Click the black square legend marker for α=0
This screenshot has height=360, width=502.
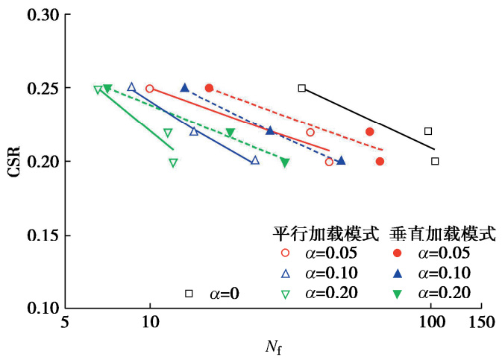pyautogui.click(x=189, y=294)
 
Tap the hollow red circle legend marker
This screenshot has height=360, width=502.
pyautogui.click(x=286, y=254)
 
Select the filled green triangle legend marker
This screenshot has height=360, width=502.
pyautogui.click(x=398, y=294)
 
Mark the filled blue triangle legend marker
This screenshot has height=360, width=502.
pyautogui.click(x=398, y=274)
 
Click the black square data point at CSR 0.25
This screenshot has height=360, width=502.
pyautogui.click(x=302, y=88)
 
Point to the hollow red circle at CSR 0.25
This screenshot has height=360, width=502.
pyautogui.click(x=150, y=88)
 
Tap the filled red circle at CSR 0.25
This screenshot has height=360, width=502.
pyautogui.click(x=209, y=88)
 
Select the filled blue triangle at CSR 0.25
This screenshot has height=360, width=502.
pyautogui.click(x=185, y=87)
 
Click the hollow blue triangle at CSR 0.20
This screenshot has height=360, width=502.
pyautogui.click(x=254, y=160)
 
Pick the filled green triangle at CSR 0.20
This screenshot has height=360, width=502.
pyautogui.click(x=285, y=162)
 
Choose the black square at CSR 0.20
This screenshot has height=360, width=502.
pyautogui.click(x=435, y=161)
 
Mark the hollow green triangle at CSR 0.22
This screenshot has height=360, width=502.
pyautogui.click(x=168, y=133)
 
